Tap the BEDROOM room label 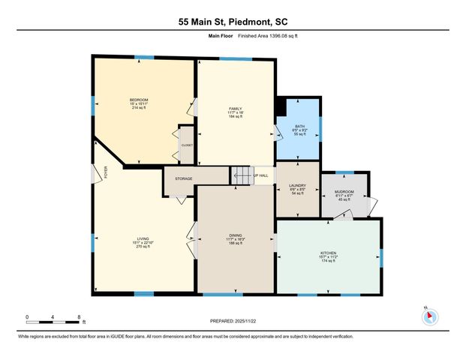pos(138,100)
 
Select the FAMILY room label pos(235,109)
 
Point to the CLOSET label pos(187,145)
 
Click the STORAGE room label pos(184,178)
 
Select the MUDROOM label pos(344,192)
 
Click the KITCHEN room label pos(328,253)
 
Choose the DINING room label pos(235,235)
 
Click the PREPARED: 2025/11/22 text pos(233,321)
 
